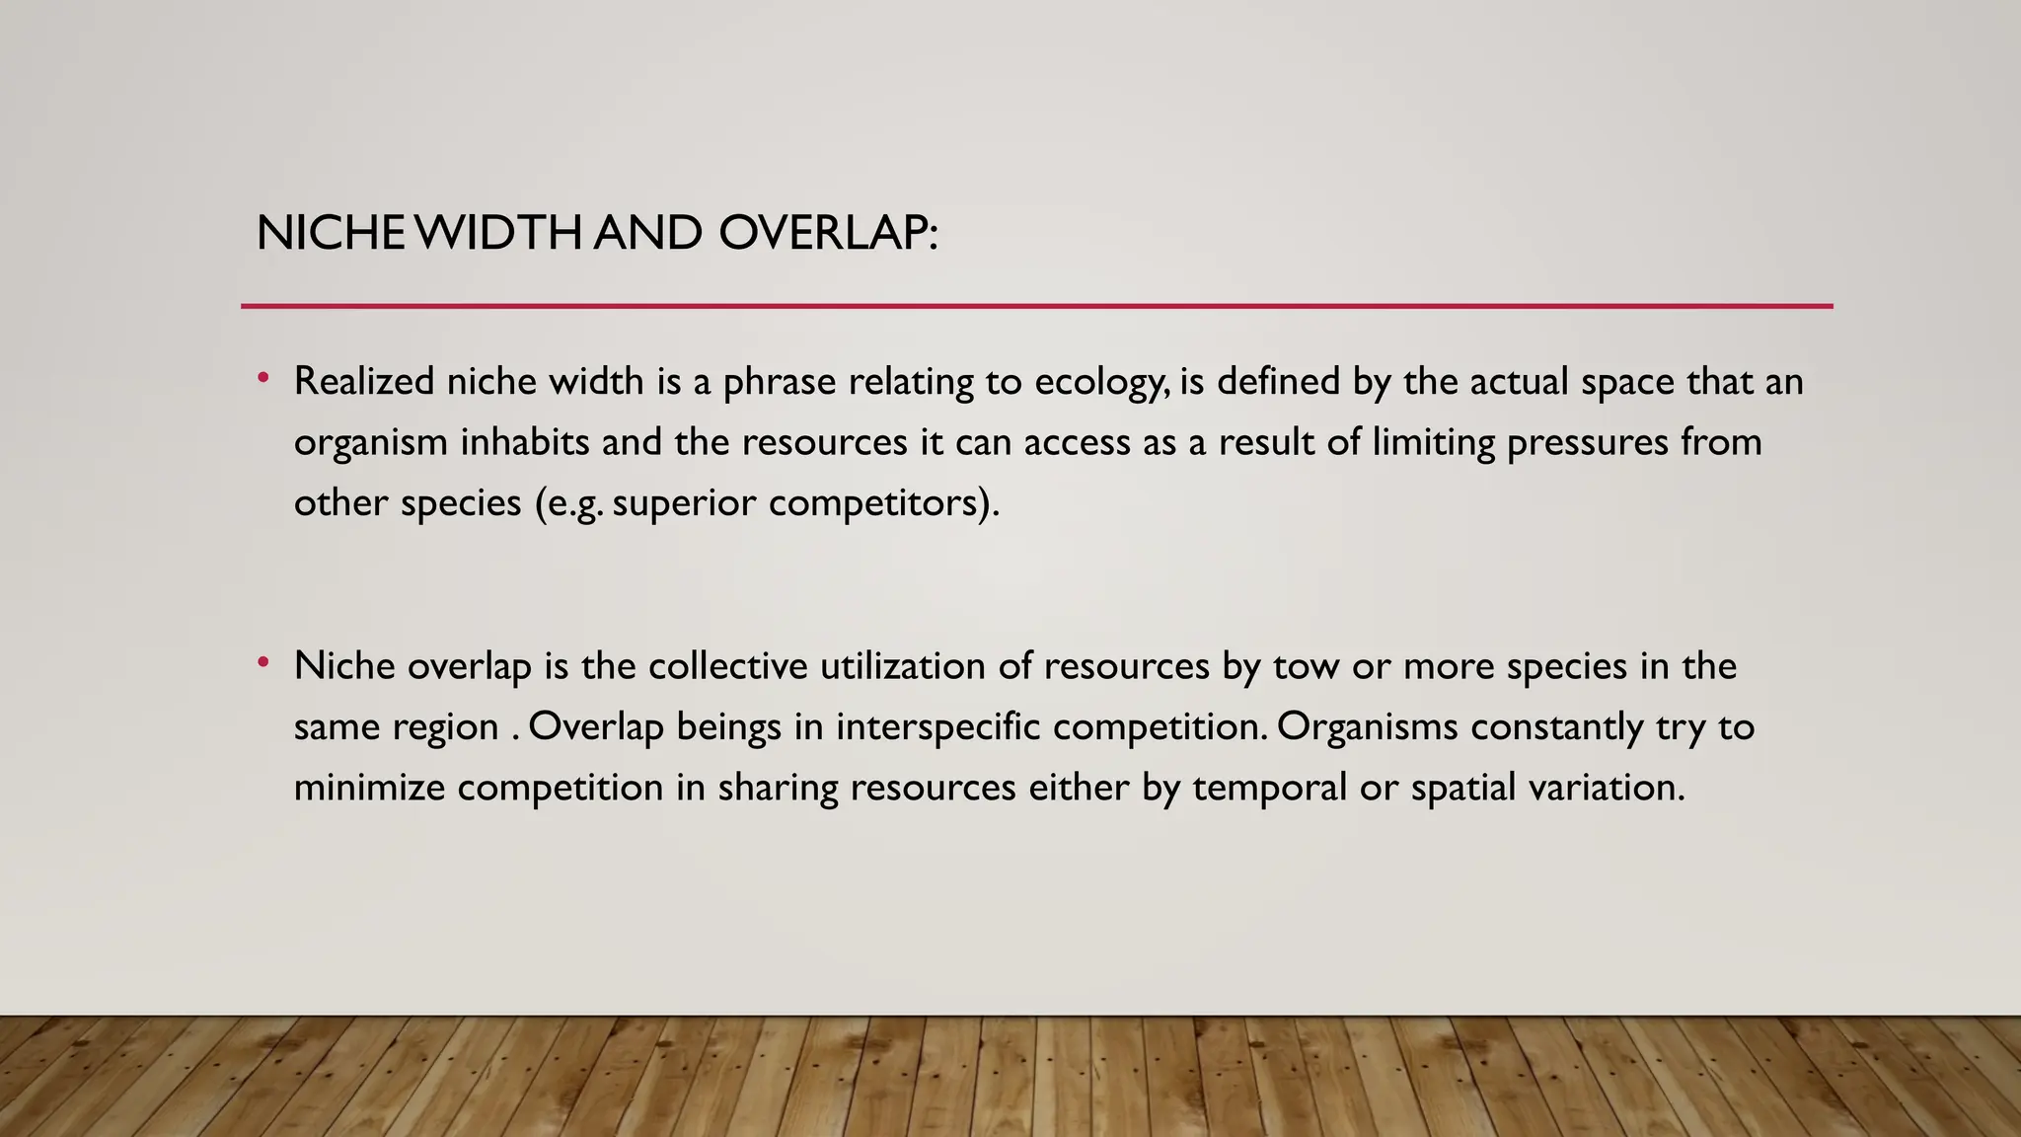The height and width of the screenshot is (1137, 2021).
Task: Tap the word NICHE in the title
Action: click(330, 234)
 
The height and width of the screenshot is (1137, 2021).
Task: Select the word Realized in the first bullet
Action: click(364, 382)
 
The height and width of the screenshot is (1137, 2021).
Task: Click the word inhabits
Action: click(525, 442)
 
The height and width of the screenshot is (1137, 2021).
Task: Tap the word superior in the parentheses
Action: click(684, 504)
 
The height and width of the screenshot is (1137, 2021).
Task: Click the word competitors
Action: click(878, 504)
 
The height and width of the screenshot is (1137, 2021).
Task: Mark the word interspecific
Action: click(937, 728)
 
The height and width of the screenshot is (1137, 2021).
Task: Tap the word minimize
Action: click(369, 788)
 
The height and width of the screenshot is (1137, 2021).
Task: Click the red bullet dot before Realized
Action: click(263, 378)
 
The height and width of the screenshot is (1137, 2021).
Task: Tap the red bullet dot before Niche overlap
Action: click(263, 663)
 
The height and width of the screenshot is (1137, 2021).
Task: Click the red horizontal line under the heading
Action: click(1036, 306)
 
